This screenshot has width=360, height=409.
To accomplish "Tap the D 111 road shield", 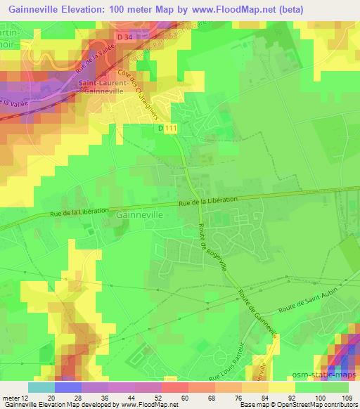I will pyautogui.click(x=167, y=127).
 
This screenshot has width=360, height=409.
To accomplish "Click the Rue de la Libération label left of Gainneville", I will pyautogui.click(x=80, y=210).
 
